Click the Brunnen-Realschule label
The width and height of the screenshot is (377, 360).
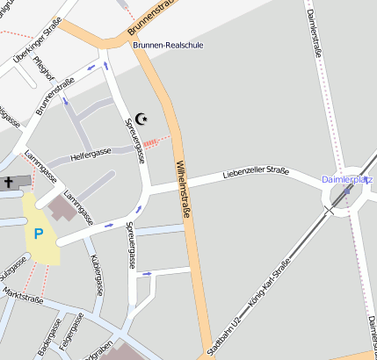(x=179, y=44)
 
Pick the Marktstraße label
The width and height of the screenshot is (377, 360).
(x=23, y=295)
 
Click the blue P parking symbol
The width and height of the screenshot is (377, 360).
(x=38, y=234)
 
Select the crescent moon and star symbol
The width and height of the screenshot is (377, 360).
(x=142, y=119)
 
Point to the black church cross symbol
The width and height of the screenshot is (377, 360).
(x=8, y=183)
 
